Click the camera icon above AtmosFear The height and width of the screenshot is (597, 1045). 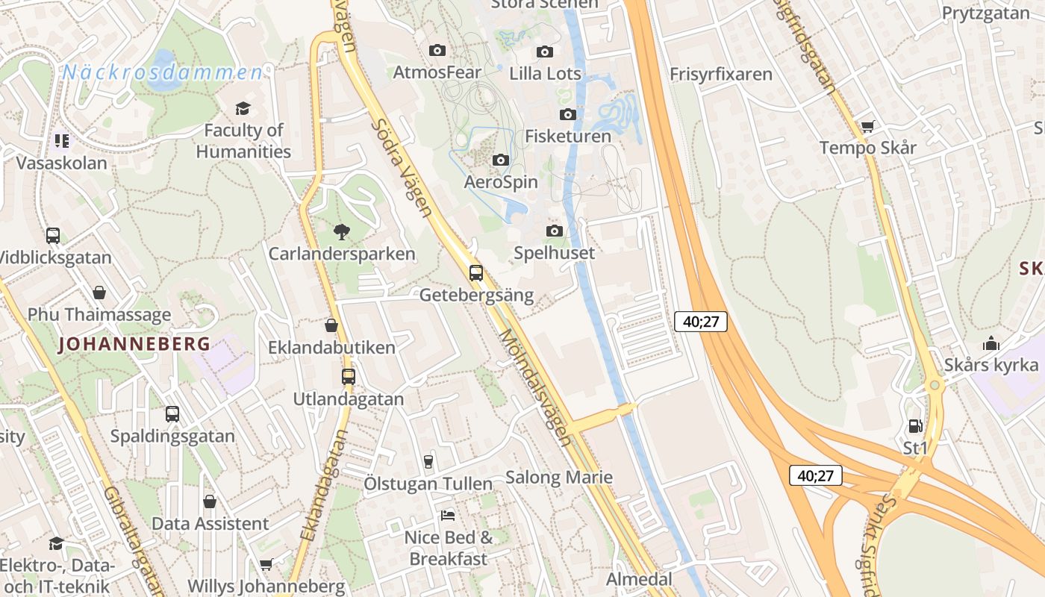pos(437,51)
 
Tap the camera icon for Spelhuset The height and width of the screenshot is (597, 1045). pos(554,231)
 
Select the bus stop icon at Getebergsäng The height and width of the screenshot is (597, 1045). pos(476,273)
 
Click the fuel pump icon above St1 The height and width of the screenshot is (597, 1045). pos(915,426)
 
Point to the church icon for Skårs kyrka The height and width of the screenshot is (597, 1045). pos(991,343)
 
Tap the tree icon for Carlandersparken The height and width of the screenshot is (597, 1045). pos(342,231)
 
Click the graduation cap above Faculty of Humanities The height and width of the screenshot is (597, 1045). pos(243,109)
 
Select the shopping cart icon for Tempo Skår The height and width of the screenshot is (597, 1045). pos(867,126)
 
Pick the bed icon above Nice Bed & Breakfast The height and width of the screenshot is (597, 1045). pos(448,515)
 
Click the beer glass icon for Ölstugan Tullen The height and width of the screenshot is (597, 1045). pos(428,461)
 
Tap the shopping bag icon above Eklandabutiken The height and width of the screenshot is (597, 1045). pos(331,325)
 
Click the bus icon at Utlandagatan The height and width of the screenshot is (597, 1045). pos(348,377)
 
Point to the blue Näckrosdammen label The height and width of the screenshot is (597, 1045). pos(163,72)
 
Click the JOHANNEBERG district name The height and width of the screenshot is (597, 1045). pos(134,344)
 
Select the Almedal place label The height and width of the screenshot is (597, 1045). pos(639,579)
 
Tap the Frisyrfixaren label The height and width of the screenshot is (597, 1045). pos(720,75)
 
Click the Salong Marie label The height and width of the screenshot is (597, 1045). pos(559,478)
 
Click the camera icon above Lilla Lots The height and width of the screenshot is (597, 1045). pos(545,51)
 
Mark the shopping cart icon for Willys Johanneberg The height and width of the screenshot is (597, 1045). pos(266,565)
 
